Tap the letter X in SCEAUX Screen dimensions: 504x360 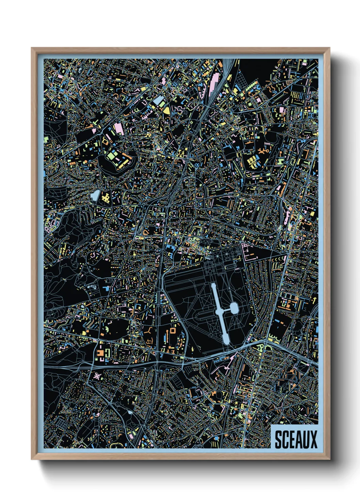[313, 439]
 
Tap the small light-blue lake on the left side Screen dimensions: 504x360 [95, 195]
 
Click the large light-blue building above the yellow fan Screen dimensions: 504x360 [159, 100]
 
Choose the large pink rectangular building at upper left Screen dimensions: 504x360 [119, 129]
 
